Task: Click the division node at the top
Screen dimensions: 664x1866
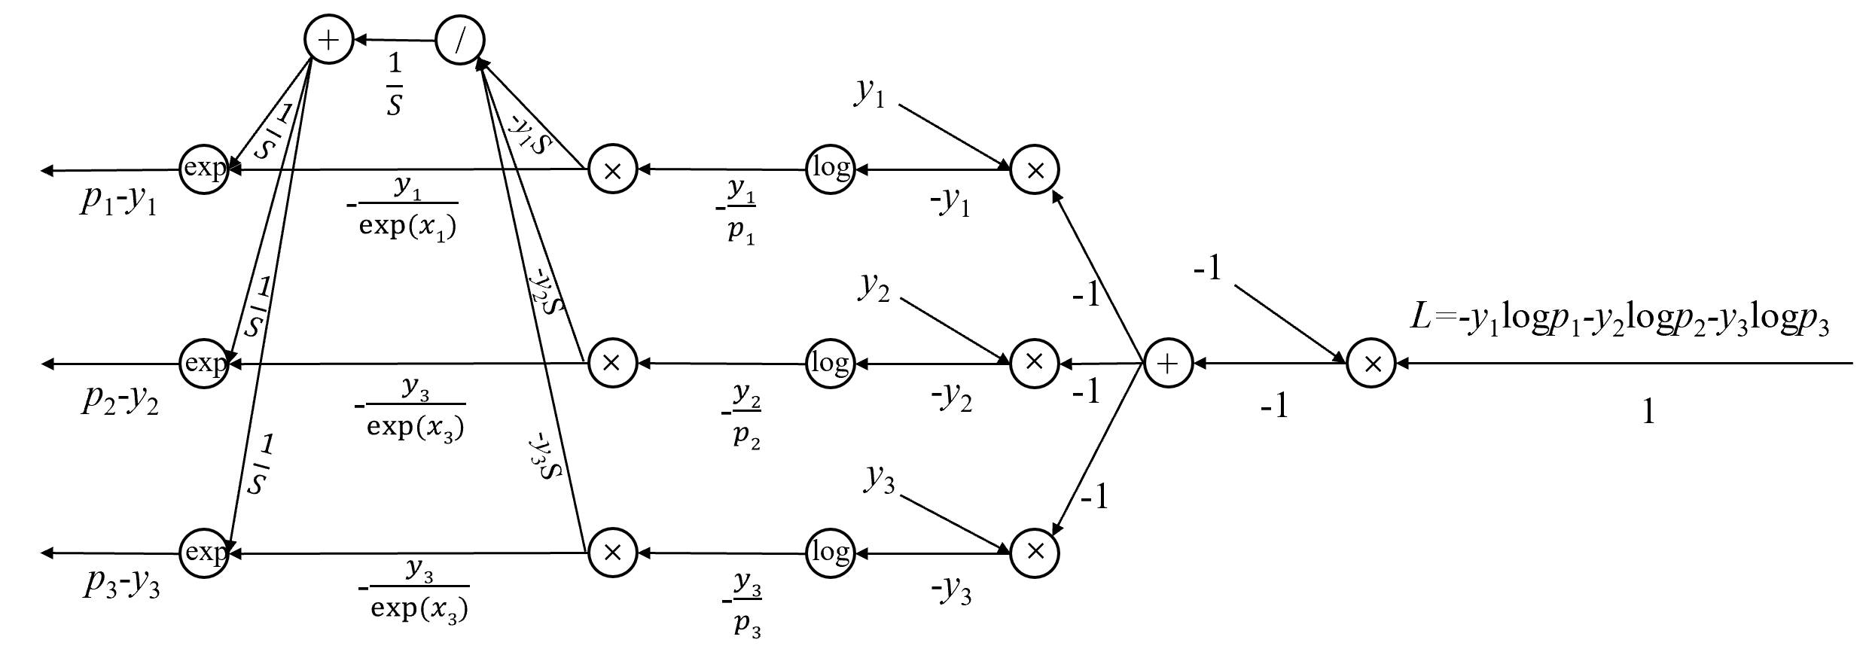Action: [x=460, y=40]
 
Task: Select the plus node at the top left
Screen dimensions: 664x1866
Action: [x=328, y=39]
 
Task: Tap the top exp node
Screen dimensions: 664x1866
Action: [x=204, y=169]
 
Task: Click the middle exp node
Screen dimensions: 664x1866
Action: [x=204, y=364]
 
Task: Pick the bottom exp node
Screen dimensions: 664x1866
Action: [x=204, y=553]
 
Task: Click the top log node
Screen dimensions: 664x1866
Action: [x=831, y=169]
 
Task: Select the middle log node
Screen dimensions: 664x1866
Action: [x=831, y=364]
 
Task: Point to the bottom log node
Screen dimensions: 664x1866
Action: [x=831, y=553]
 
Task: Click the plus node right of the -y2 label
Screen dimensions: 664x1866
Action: [x=1167, y=364]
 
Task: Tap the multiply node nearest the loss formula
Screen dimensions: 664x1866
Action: [x=1371, y=364]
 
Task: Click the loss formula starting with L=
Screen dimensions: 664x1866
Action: [x=1619, y=319]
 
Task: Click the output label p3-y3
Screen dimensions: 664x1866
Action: [x=121, y=586]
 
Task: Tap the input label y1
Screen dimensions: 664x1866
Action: [x=870, y=93]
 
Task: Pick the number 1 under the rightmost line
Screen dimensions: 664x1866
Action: [x=1648, y=412]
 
